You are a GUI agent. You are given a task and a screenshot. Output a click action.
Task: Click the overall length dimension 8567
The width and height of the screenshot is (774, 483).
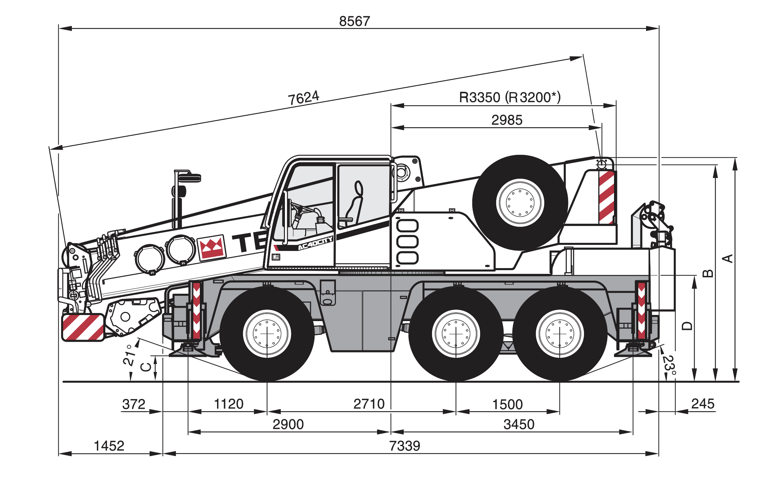click(x=354, y=21)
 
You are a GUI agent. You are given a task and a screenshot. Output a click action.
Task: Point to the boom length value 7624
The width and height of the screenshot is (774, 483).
click(x=303, y=98)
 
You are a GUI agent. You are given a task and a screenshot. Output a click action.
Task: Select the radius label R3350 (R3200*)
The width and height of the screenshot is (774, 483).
click(x=510, y=97)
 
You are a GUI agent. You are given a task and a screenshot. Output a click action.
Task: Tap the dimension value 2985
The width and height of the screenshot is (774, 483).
click(x=507, y=120)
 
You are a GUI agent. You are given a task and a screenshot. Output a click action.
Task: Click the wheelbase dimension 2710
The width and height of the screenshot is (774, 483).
click(x=369, y=404)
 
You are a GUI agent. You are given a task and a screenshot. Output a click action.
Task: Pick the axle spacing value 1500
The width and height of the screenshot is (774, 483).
click(x=507, y=404)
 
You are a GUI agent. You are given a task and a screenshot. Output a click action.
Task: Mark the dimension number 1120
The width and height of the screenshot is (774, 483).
click(x=229, y=404)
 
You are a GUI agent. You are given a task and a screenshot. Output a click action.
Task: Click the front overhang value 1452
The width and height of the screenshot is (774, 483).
click(x=109, y=446)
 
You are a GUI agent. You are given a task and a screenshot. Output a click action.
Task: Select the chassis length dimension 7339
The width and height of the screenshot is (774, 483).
click(x=404, y=446)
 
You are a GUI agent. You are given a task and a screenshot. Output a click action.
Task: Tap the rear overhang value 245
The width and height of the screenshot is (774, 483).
click(x=703, y=404)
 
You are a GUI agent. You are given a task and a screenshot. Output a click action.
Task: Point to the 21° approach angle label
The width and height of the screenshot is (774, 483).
click(x=129, y=355)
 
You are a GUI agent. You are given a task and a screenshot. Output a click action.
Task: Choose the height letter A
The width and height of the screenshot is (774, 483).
click(x=728, y=259)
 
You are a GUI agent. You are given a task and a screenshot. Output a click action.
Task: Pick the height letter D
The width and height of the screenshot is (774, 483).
click(x=687, y=326)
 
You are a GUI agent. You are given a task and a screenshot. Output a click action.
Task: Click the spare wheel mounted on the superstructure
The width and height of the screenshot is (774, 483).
click(x=520, y=203)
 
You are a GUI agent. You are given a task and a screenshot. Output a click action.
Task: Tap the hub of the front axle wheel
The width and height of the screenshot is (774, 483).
click(x=267, y=334)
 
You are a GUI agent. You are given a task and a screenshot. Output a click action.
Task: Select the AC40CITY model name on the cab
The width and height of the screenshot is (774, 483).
click(x=315, y=243)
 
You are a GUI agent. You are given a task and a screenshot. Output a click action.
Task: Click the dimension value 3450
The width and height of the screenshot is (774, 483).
click(x=519, y=424)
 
